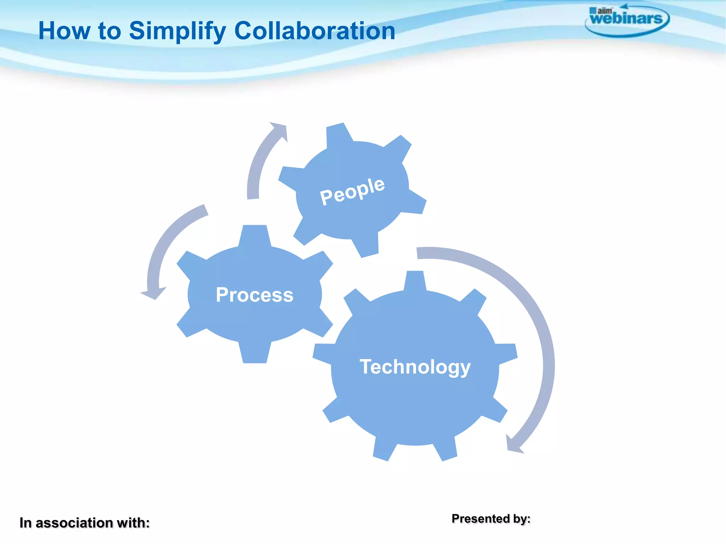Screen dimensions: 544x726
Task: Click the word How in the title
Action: coord(64,31)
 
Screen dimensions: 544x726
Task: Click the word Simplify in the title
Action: coord(177,32)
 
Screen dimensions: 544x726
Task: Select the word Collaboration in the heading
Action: coord(314,31)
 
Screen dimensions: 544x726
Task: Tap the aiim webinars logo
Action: coord(626,19)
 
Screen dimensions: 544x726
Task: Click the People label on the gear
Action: coord(352,191)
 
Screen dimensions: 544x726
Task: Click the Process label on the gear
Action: coord(255,295)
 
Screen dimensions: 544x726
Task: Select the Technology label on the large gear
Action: coord(415,367)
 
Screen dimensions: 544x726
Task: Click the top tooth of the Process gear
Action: coord(255,236)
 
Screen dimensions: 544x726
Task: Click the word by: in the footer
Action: coord(522,519)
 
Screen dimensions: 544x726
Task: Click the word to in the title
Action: coord(110,31)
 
